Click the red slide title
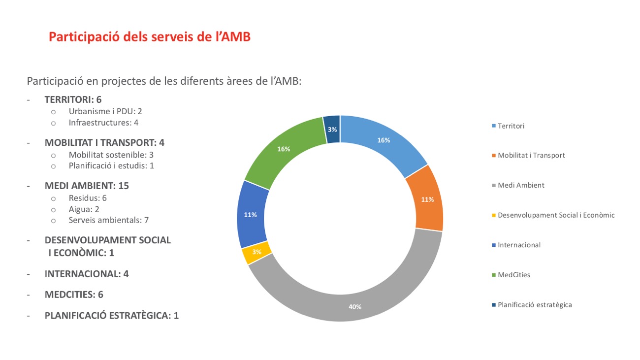pos(150,37)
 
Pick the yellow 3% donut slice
pos(257,252)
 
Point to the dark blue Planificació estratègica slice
pos(332,129)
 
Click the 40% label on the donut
pos(355,307)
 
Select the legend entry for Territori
pos(511,126)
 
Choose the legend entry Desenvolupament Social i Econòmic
pos(556,215)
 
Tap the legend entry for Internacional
pos(519,245)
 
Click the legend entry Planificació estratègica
pos(534,305)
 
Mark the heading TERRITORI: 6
pos(73,99)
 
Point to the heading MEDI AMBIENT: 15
pos(87,186)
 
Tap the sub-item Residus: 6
pos(88,198)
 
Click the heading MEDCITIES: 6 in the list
pos(74,295)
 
